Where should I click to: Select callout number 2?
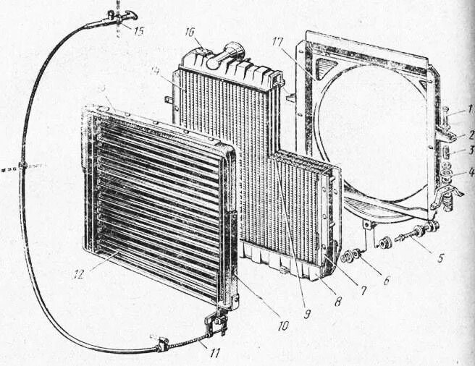tap(468, 133)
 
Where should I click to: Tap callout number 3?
tap(468, 150)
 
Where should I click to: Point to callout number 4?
tap(468, 172)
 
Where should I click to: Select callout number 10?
tap(282, 326)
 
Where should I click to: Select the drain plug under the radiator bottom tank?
tap(283, 271)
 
